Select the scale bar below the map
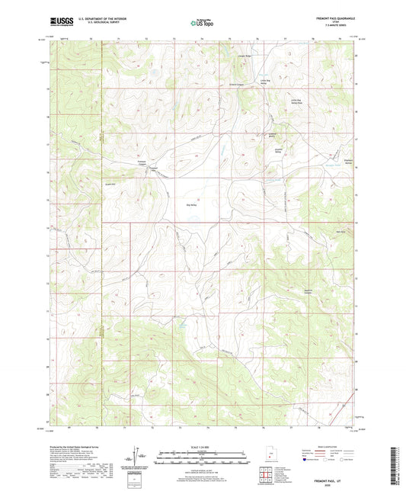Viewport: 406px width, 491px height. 203,457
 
